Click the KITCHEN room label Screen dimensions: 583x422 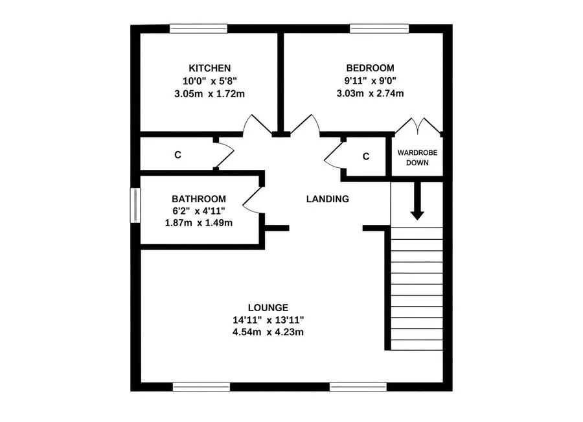(210, 68)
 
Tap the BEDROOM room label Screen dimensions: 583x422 (370, 68)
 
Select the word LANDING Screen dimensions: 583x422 (328, 199)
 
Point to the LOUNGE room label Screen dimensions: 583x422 (268, 308)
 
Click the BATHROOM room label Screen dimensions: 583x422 (199, 199)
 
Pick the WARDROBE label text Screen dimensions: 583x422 (417, 152)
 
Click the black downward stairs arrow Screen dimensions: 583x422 (417, 200)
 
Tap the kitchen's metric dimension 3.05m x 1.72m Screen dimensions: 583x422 (210, 94)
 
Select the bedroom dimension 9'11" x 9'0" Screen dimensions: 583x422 (370, 80)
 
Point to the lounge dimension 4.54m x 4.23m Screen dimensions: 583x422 (268, 332)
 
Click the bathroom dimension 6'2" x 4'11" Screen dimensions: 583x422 (199, 211)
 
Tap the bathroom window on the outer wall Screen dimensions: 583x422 (135, 205)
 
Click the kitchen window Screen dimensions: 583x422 (199, 29)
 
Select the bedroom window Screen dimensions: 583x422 (379, 29)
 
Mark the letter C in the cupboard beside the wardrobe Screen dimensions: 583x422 (366, 157)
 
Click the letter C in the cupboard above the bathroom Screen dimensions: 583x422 (177, 155)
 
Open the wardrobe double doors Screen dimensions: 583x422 (418, 126)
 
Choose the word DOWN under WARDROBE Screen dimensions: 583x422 (417, 163)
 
